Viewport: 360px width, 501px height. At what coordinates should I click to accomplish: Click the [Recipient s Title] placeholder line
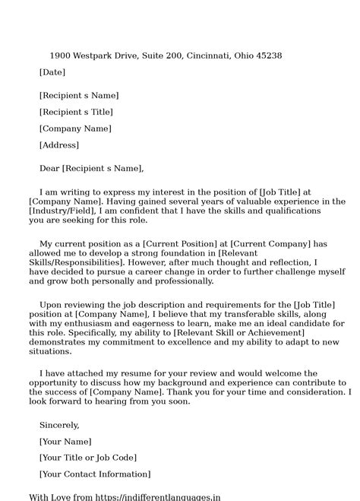tap(75, 113)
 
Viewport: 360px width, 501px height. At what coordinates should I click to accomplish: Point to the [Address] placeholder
tap(58, 144)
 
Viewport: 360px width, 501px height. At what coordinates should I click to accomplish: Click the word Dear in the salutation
tap(49, 168)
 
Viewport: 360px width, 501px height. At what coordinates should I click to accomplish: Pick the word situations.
tap(50, 351)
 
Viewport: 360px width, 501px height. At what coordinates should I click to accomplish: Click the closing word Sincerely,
tap(59, 425)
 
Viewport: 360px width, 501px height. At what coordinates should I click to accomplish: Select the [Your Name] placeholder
tap(65, 442)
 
